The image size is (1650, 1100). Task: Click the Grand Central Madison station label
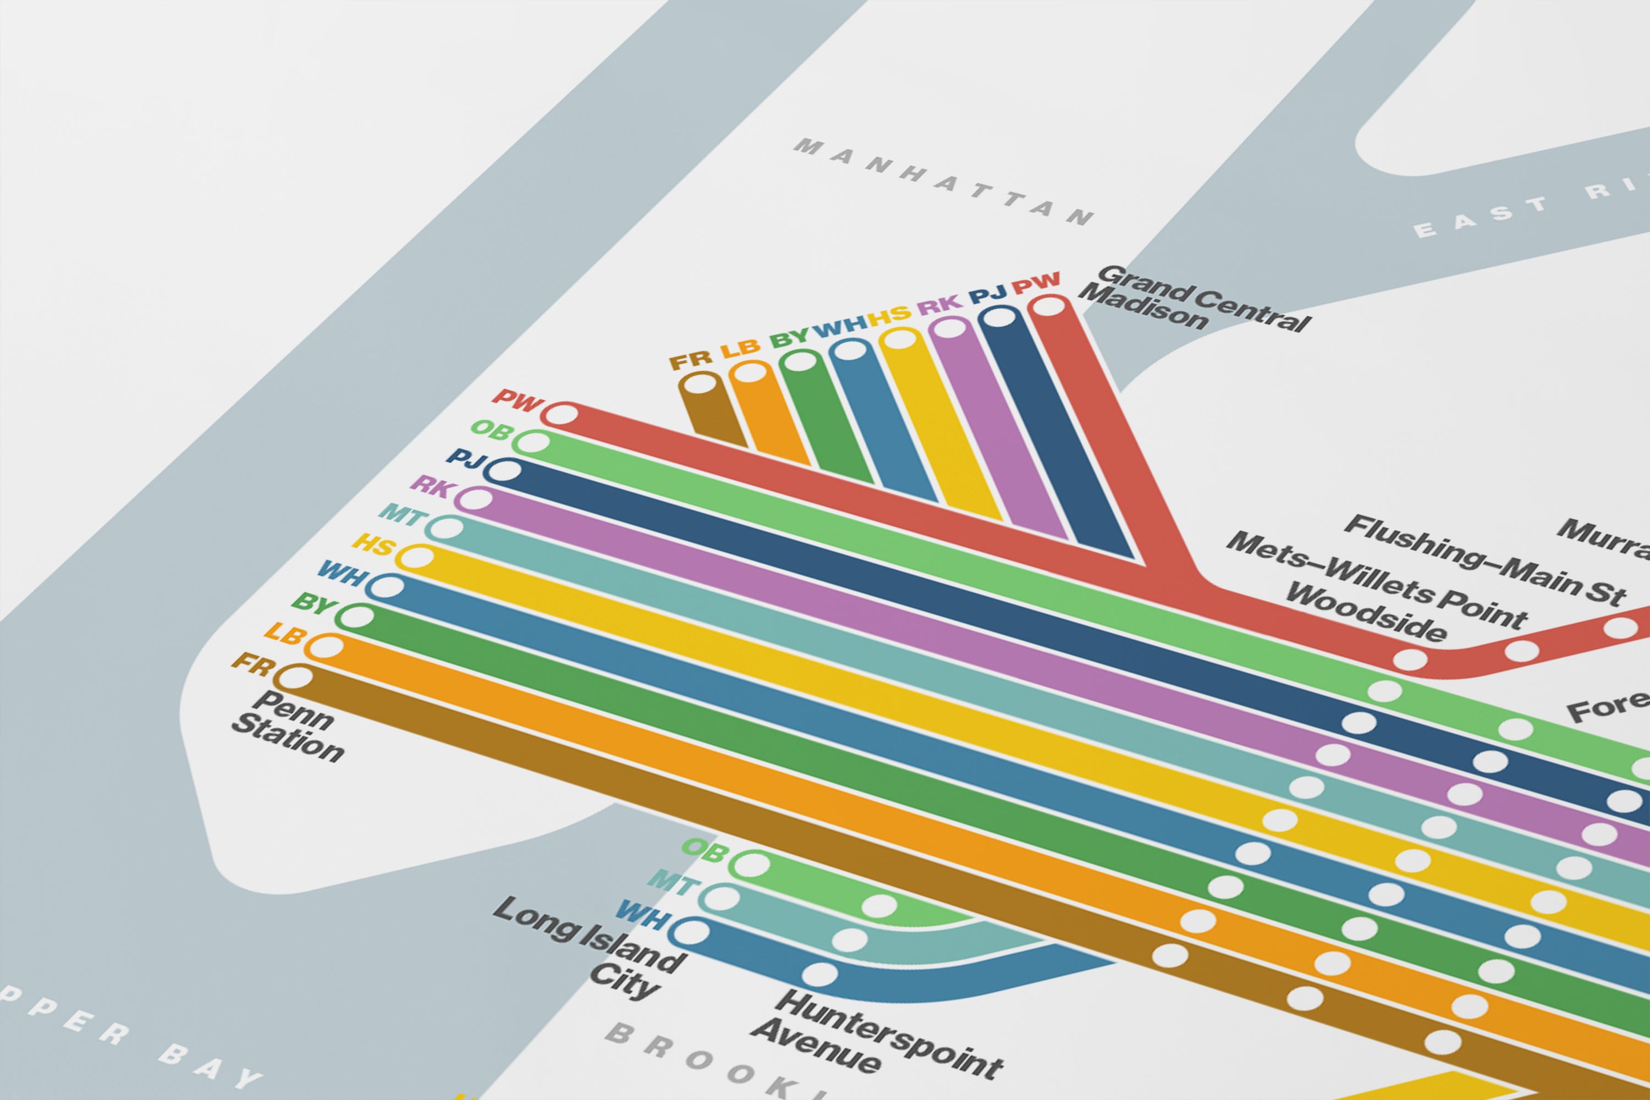pos(1192,300)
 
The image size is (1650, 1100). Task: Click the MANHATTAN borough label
pos(944,182)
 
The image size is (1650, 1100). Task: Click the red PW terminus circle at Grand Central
pos(1049,306)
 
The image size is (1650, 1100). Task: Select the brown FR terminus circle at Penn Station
pos(296,678)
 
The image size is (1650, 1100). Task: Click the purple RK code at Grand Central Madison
pos(939,306)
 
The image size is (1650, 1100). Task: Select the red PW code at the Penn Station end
pos(518,400)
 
